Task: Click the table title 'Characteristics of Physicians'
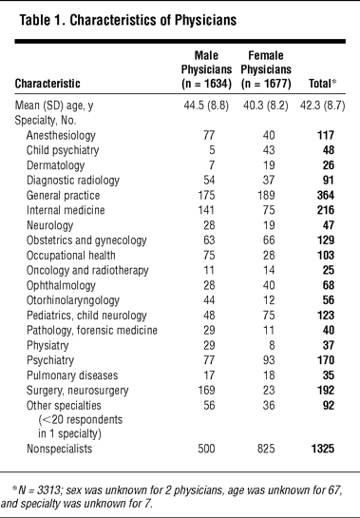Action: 153,20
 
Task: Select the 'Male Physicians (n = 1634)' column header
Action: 206,69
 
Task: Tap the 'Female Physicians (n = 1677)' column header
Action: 266,69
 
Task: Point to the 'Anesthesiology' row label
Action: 61,136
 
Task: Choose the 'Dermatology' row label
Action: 55,165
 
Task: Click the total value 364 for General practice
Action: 326,195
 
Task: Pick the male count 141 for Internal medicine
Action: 206,210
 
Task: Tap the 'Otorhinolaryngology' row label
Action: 73,300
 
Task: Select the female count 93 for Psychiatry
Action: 269,360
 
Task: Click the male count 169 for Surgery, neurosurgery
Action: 206,390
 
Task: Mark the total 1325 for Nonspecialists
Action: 323,449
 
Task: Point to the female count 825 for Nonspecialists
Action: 266,449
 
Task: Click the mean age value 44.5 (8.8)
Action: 206,106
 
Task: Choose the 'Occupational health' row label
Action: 71,256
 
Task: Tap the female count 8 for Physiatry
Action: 272,345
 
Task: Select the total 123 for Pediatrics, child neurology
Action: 326,316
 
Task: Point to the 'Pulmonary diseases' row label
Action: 72,375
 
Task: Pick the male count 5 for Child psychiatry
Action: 212,150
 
